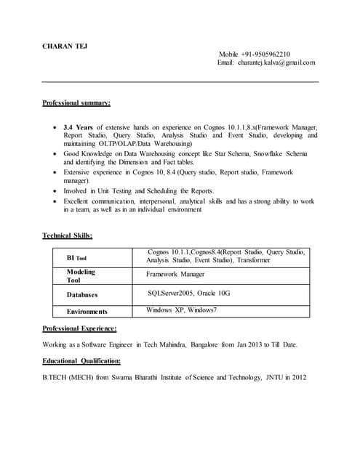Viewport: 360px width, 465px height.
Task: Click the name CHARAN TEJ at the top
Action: coord(65,46)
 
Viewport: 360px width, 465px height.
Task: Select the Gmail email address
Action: coord(276,62)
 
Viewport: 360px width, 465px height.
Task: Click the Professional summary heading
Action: coord(76,103)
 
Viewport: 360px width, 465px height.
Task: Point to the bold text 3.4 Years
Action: coord(78,126)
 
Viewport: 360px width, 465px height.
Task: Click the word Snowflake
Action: coord(266,154)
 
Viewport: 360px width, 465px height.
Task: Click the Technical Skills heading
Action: coord(68,235)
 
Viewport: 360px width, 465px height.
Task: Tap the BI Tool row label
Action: coord(76,258)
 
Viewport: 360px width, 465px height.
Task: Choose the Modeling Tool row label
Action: coord(81,275)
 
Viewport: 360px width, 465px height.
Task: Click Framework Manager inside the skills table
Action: coord(175,275)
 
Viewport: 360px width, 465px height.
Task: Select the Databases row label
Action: coord(82,295)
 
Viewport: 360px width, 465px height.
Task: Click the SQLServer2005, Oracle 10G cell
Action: coord(188,293)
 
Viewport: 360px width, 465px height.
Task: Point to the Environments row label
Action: coord(87,312)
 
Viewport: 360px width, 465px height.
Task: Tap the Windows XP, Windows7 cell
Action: coord(181,310)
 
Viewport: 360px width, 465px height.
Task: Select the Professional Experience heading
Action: coord(80,328)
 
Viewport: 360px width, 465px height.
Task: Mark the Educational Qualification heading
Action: coord(81,360)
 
